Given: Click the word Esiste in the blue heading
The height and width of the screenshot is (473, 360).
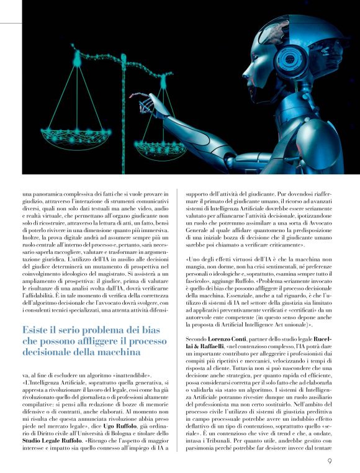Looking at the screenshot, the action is pyautogui.click(x=38, y=329).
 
